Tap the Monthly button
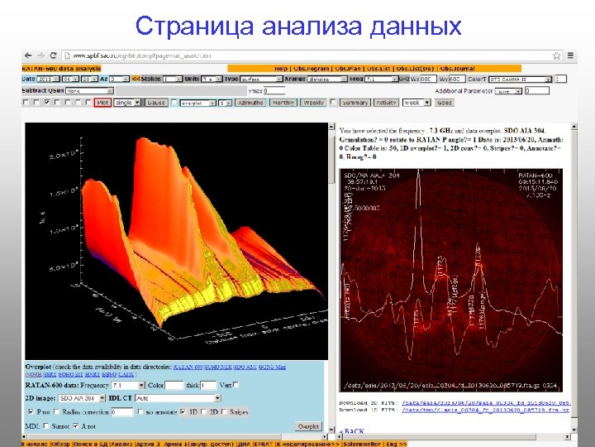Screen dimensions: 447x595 pos(283,103)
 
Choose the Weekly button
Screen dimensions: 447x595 pos(313,103)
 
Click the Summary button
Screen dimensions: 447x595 pos(355,103)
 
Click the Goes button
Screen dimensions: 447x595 pos(444,103)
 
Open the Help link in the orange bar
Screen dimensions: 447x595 pos(282,67)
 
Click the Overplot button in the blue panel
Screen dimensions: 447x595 pos(308,425)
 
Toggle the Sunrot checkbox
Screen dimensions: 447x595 pos(46,425)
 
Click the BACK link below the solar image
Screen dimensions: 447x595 pos(354,432)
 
